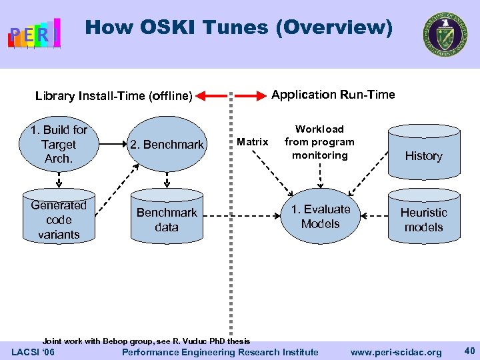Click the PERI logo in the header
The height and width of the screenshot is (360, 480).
34,33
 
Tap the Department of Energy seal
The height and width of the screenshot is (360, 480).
445,35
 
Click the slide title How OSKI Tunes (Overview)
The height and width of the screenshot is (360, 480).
239,27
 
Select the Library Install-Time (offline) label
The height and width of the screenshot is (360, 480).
113,96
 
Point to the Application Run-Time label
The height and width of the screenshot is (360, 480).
333,95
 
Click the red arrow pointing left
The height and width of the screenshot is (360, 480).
212,97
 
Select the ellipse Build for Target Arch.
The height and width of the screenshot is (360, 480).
59,144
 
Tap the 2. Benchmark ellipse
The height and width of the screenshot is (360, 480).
167,144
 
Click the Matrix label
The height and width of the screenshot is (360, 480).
253,141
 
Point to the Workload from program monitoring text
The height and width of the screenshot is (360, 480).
319,142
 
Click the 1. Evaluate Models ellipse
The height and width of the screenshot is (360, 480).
320,217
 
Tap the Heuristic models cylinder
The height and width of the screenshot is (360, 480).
423,217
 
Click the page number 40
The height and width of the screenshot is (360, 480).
468,351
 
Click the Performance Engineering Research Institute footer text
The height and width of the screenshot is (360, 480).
221,352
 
